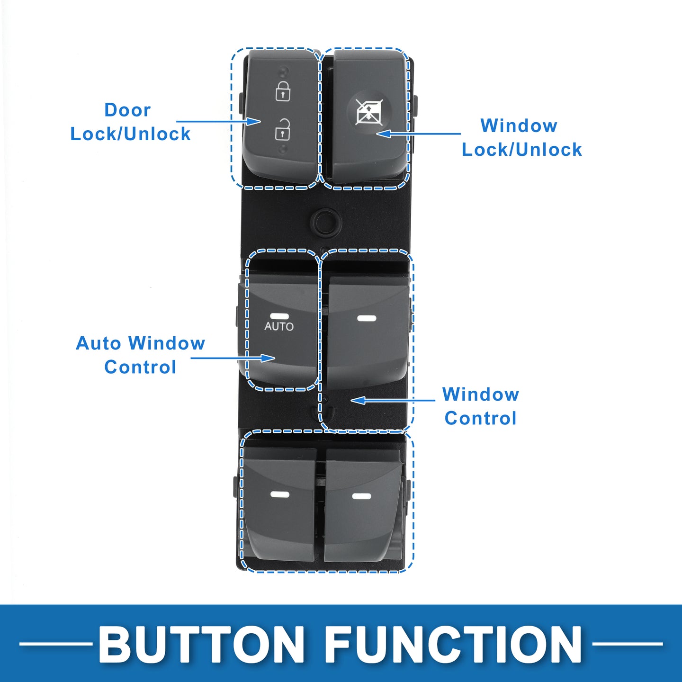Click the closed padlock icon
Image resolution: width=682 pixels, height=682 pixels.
(283, 91)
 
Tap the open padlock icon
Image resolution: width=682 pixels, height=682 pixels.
(283, 129)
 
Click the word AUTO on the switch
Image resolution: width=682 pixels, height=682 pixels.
(279, 326)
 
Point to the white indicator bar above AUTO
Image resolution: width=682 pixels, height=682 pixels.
(279, 316)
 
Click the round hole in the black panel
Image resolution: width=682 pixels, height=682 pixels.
(325, 222)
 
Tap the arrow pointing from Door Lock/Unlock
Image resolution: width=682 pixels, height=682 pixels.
(218, 122)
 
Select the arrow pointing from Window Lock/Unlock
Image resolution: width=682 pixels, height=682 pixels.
(418, 134)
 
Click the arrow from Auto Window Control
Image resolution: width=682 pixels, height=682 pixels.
(233, 358)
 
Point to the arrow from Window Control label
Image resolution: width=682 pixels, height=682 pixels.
(393, 400)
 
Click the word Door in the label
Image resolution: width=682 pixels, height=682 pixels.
(127, 110)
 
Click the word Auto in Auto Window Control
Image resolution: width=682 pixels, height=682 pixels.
(99, 343)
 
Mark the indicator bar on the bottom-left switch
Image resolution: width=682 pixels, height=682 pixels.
(279, 494)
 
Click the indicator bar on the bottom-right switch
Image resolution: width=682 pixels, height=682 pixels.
(362, 496)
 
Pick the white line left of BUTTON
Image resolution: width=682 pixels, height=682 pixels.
(56, 644)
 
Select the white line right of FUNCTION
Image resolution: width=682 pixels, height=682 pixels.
(628, 644)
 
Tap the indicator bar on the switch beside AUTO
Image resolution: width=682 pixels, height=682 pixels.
(367, 318)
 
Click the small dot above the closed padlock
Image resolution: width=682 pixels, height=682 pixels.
(284, 72)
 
